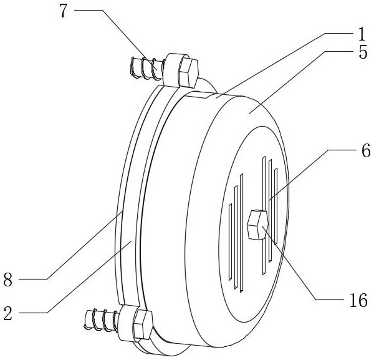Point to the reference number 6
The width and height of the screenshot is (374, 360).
364,150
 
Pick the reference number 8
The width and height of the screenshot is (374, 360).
8,280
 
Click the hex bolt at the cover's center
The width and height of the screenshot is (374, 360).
258,225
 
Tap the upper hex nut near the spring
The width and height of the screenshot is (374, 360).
185,69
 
